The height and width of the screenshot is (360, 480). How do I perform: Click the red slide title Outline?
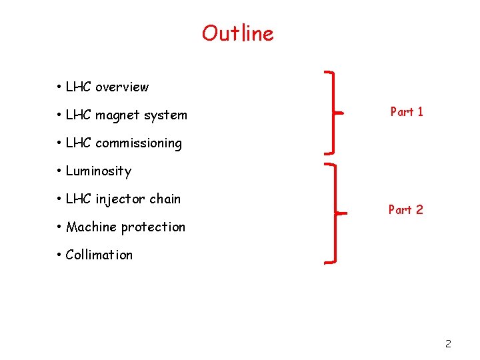(238, 33)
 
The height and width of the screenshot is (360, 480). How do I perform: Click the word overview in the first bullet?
(122, 87)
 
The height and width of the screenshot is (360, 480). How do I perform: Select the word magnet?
(118, 115)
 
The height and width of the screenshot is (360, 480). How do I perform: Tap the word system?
(166, 115)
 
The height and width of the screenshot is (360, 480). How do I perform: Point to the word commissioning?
(138, 143)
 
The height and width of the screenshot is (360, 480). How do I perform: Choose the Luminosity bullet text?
(98, 171)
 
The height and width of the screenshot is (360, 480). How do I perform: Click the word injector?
(120, 199)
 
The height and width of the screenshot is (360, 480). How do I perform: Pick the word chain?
(165, 199)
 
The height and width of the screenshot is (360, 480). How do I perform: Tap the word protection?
(154, 227)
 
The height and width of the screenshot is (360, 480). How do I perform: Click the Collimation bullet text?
(99, 255)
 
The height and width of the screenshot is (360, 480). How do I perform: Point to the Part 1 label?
(407, 112)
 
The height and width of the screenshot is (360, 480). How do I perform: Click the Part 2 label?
(406, 210)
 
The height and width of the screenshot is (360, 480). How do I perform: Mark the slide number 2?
(448, 344)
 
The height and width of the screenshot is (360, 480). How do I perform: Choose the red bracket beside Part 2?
(333, 213)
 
